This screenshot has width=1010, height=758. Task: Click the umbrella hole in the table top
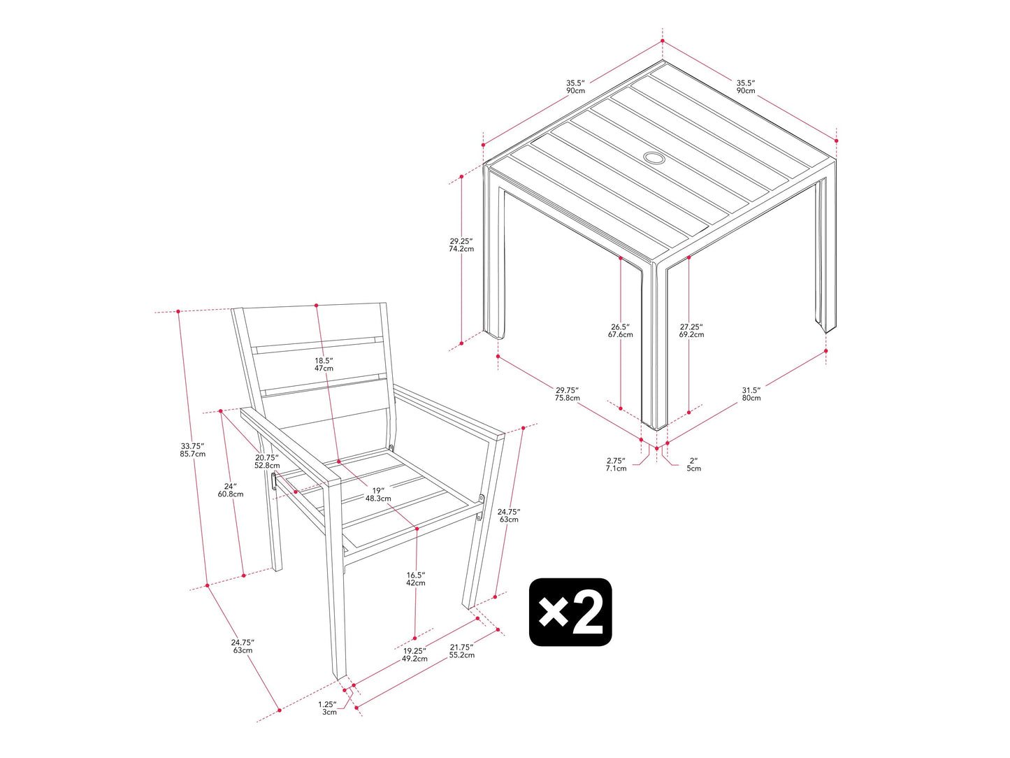pos(654,158)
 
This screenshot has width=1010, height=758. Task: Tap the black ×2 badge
pos(570,612)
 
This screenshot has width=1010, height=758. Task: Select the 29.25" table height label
pos(461,245)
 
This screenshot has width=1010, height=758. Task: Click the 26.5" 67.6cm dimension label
pos(620,331)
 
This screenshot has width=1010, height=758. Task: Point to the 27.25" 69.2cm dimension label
pos(691,331)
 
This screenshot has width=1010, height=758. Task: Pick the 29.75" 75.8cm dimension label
pos(568,394)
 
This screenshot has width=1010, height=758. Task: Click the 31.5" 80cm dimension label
pos(751,394)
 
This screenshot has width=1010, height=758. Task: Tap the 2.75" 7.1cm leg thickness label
pos(616,464)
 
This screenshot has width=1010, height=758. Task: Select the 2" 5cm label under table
pos(694,464)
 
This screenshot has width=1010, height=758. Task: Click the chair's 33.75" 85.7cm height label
pos(193,450)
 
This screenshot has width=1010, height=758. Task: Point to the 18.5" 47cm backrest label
pos(324,364)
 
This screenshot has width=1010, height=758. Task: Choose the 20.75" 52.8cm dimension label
pos(267,461)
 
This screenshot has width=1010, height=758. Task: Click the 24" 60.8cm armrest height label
pos(231,489)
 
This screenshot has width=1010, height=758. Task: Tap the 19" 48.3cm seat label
pos(378,494)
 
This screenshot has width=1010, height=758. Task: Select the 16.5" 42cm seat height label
pos(415,578)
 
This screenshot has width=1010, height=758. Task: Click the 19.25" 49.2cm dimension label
pos(414,655)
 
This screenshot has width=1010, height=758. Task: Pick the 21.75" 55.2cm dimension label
pos(462,651)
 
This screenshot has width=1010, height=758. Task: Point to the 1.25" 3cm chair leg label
pos(328,708)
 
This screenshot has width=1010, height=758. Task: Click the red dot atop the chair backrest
pos(316,305)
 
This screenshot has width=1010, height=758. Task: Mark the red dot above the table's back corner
pos(663,41)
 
